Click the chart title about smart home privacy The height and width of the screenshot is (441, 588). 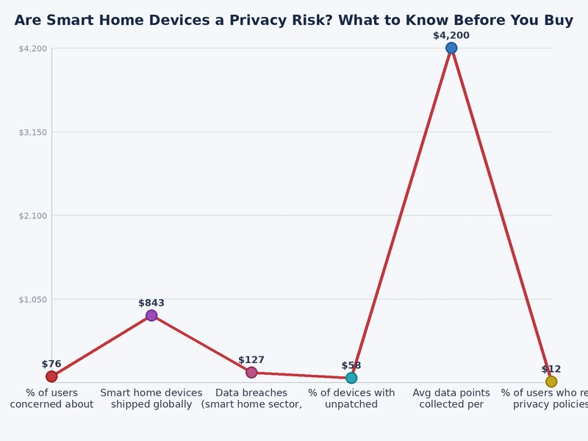click(294, 21)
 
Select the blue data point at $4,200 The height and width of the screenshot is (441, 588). click(451, 48)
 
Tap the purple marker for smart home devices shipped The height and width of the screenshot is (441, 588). click(151, 315)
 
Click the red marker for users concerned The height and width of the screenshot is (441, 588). click(51, 376)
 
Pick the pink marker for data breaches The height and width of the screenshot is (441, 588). click(251, 372)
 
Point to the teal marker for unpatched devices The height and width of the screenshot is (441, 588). click(351, 378)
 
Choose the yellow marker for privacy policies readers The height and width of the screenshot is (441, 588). click(551, 381)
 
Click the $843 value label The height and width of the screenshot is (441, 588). click(151, 303)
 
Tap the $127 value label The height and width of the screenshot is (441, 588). click(251, 360)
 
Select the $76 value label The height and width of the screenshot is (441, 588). click(51, 364)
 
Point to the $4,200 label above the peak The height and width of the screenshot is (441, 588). click(451, 35)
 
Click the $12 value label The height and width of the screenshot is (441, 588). click(551, 369)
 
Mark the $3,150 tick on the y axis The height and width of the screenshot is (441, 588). click(32, 132)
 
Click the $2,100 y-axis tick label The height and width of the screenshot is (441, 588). click(32, 215)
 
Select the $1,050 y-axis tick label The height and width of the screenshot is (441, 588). click(32, 299)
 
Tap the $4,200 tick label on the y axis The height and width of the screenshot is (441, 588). click(32, 49)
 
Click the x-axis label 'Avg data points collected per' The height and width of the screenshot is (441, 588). click(451, 398)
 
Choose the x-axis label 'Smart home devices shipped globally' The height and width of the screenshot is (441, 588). click(151, 398)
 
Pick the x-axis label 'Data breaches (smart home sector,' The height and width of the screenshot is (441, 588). click(251, 398)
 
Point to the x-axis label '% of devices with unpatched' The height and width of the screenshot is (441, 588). click(351, 398)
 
